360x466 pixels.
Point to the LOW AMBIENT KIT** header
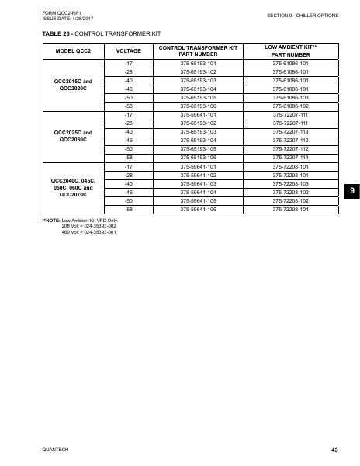pos(290,50)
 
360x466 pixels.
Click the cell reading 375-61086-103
pos(290,98)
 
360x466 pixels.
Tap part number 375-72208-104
pos(290,209)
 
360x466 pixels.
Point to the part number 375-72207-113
pos(290,132)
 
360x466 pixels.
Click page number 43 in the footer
pos(334,450)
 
